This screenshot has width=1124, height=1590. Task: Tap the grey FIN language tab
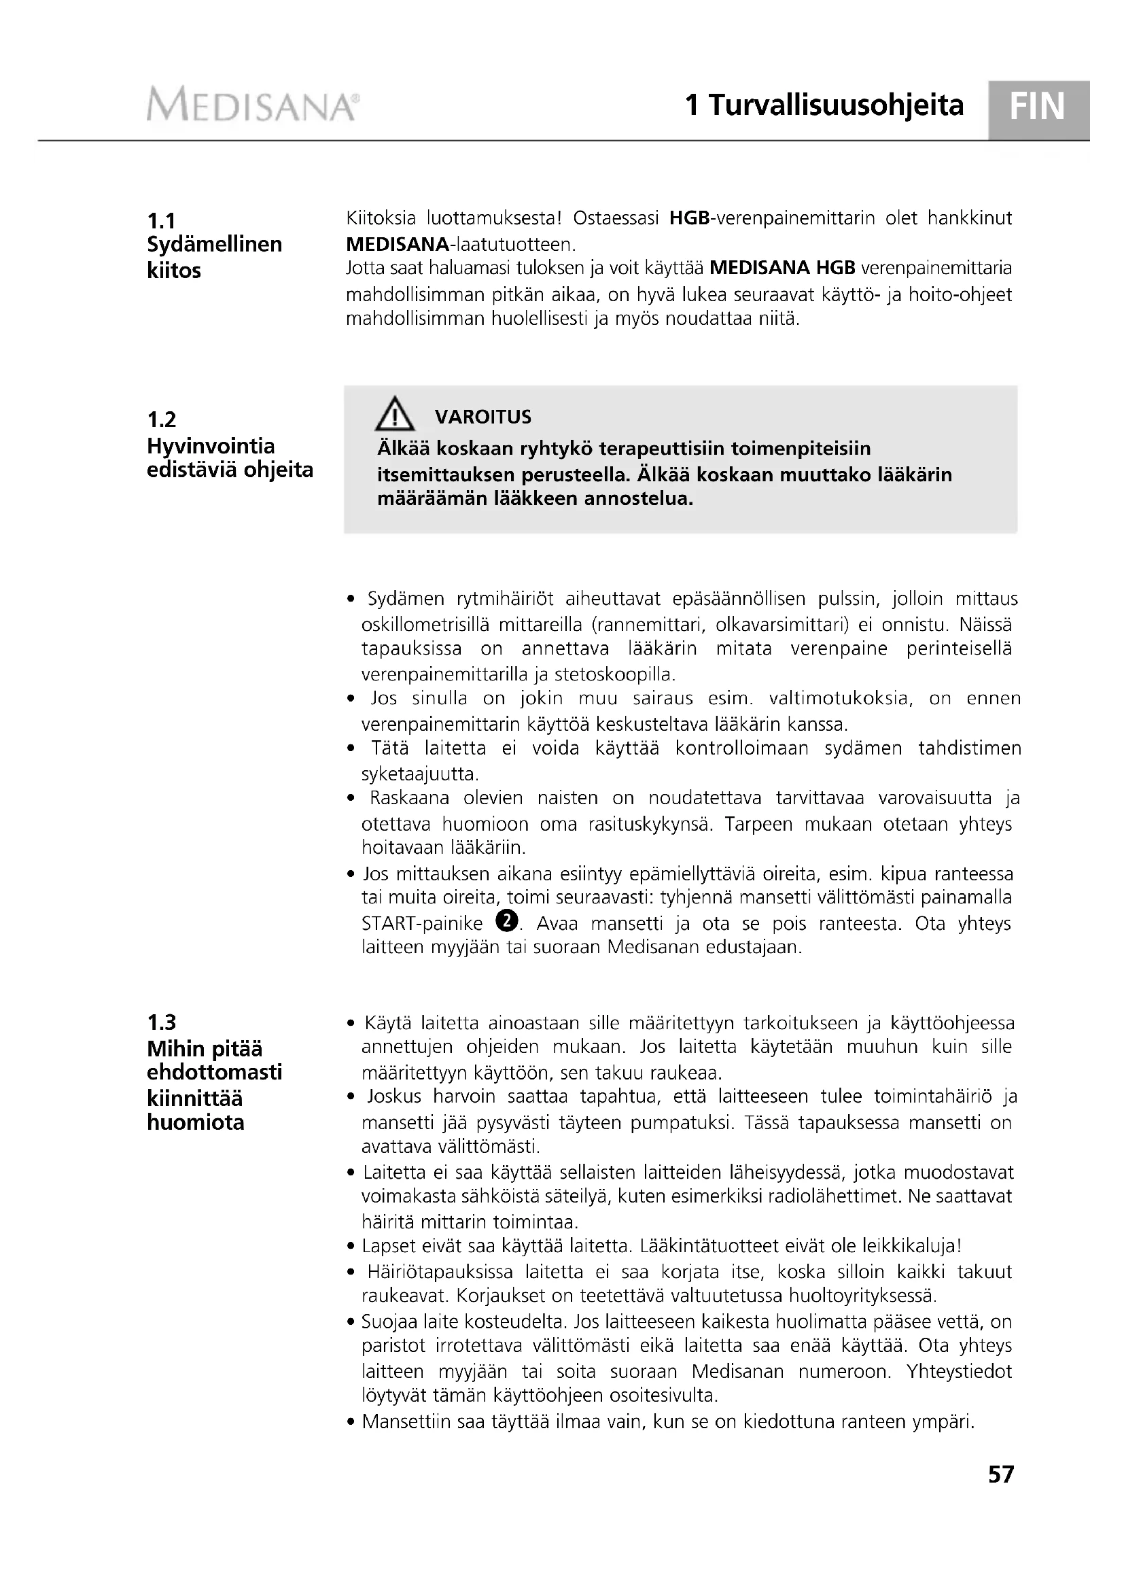pos(1039,108)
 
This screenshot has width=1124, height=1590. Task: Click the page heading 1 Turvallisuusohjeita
pos(824,105)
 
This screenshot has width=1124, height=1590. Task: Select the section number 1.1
pos(161,221)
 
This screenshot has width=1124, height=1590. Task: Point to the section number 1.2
pos(161,419)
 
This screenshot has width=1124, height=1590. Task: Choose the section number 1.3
pos(161,1022)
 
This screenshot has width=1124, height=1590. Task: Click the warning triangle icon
pos(395,414)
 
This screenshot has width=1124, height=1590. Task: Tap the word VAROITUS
pos(483,417)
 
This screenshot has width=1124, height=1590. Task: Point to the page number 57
pos(1001,1494)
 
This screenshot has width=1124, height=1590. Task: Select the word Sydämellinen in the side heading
pos(215,245)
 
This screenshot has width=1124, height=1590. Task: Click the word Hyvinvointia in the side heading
pos(211,445)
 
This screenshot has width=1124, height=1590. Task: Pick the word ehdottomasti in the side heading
pos(215,1072)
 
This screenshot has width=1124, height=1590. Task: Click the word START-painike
pos(422,924)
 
